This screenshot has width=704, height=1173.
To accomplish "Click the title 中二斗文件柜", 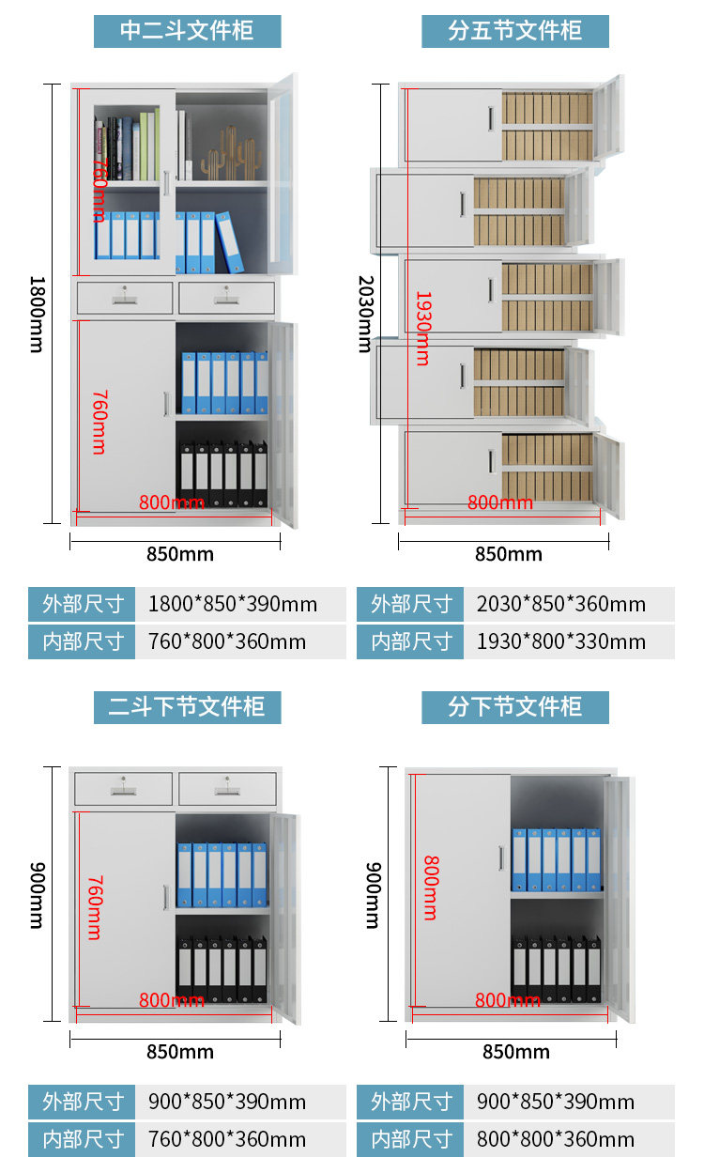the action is [187, 31].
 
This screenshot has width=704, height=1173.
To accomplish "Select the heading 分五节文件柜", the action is [514, 31].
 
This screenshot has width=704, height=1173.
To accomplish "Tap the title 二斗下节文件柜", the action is [187, 706].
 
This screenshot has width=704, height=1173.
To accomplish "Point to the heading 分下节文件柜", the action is [514, 706].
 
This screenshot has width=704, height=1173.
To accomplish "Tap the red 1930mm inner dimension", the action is [422, 328].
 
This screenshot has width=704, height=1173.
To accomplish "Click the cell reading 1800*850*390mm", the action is [233, 604].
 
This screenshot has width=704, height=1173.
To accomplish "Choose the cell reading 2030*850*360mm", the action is [561, 604].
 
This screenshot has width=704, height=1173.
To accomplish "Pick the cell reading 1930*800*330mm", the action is [561, 642].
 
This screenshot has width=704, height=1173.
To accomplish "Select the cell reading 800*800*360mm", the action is [556, 1140].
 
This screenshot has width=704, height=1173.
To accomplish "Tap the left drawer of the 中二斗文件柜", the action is [125, 298].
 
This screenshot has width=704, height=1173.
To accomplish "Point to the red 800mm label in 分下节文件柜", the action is [508, 1000].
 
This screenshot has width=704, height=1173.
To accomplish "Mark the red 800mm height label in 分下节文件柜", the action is [430, 887].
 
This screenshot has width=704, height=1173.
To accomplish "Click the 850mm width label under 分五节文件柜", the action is [508, 554].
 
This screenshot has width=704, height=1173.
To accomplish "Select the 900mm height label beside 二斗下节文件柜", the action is [36, 894].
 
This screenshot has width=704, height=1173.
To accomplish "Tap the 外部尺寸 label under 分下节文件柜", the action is [411, 1102].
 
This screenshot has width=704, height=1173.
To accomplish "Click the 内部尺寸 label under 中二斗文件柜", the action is [83, 642].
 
